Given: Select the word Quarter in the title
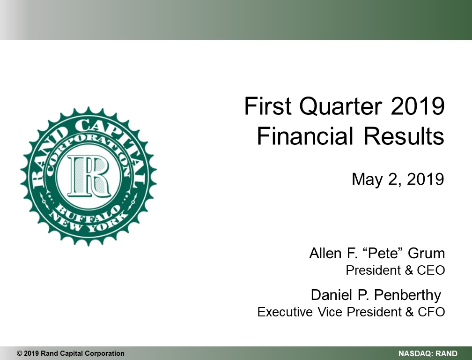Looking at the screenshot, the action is [x=341, y=107].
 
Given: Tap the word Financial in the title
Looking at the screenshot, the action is [x=304, y=136].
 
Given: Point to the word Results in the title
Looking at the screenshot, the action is [x=404, y=136].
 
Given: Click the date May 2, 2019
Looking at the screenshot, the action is [x=398, y=179].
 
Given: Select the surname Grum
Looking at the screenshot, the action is [x=426, y=253].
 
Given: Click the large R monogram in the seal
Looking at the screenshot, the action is [x=88, y=176].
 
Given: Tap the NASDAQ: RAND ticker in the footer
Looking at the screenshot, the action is [x=428, y=354].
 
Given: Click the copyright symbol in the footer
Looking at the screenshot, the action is [x=20, y=353].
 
